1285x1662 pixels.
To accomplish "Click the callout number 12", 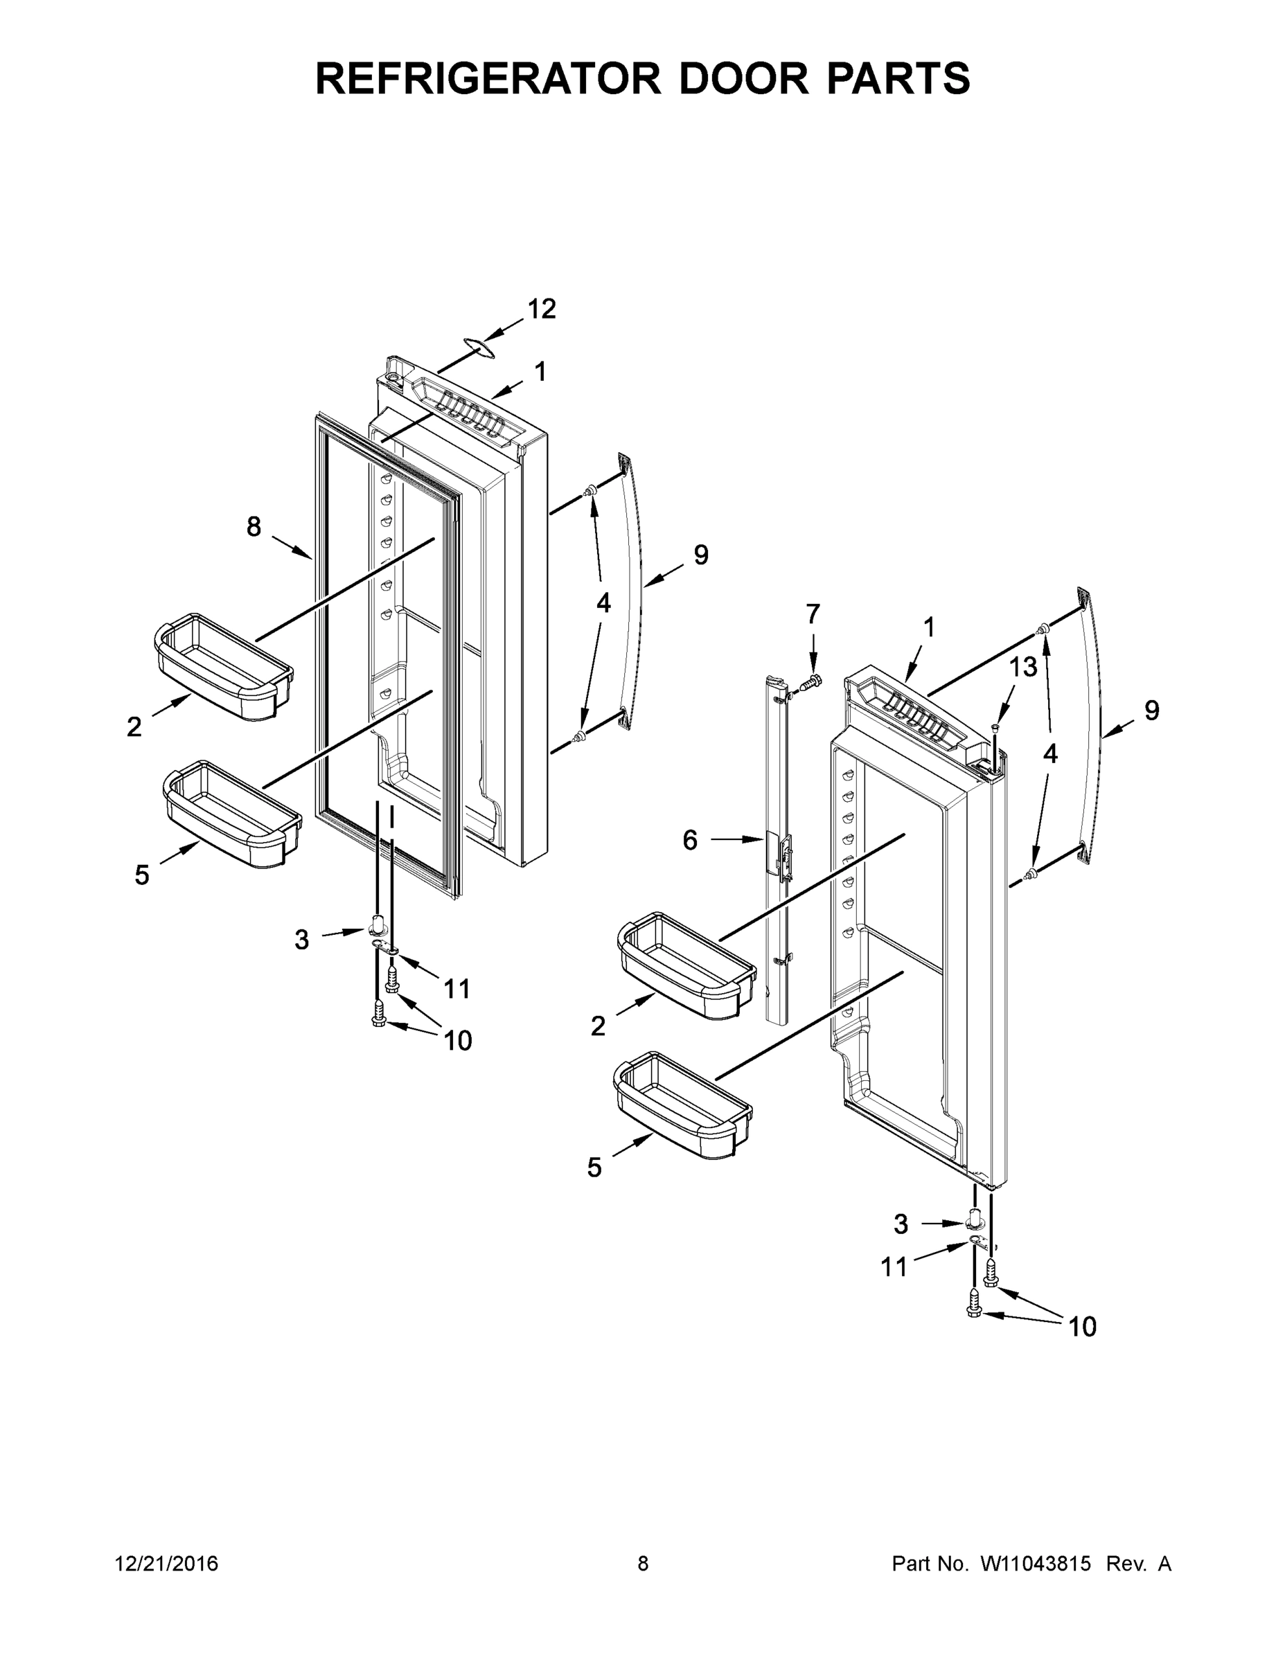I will [541, 309].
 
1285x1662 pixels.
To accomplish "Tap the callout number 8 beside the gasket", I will [254, 526].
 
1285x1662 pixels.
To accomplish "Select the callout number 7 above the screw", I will [813, 614].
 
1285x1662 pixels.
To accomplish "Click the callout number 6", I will [690, 840].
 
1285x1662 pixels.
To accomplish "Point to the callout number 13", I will [1023, 668].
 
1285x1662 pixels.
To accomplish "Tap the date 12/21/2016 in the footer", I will [166, 1564].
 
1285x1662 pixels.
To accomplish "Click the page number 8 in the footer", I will [643, 1564].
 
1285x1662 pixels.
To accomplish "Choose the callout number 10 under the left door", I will [457, 1040].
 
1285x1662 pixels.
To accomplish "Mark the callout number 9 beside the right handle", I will [1152, 711].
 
